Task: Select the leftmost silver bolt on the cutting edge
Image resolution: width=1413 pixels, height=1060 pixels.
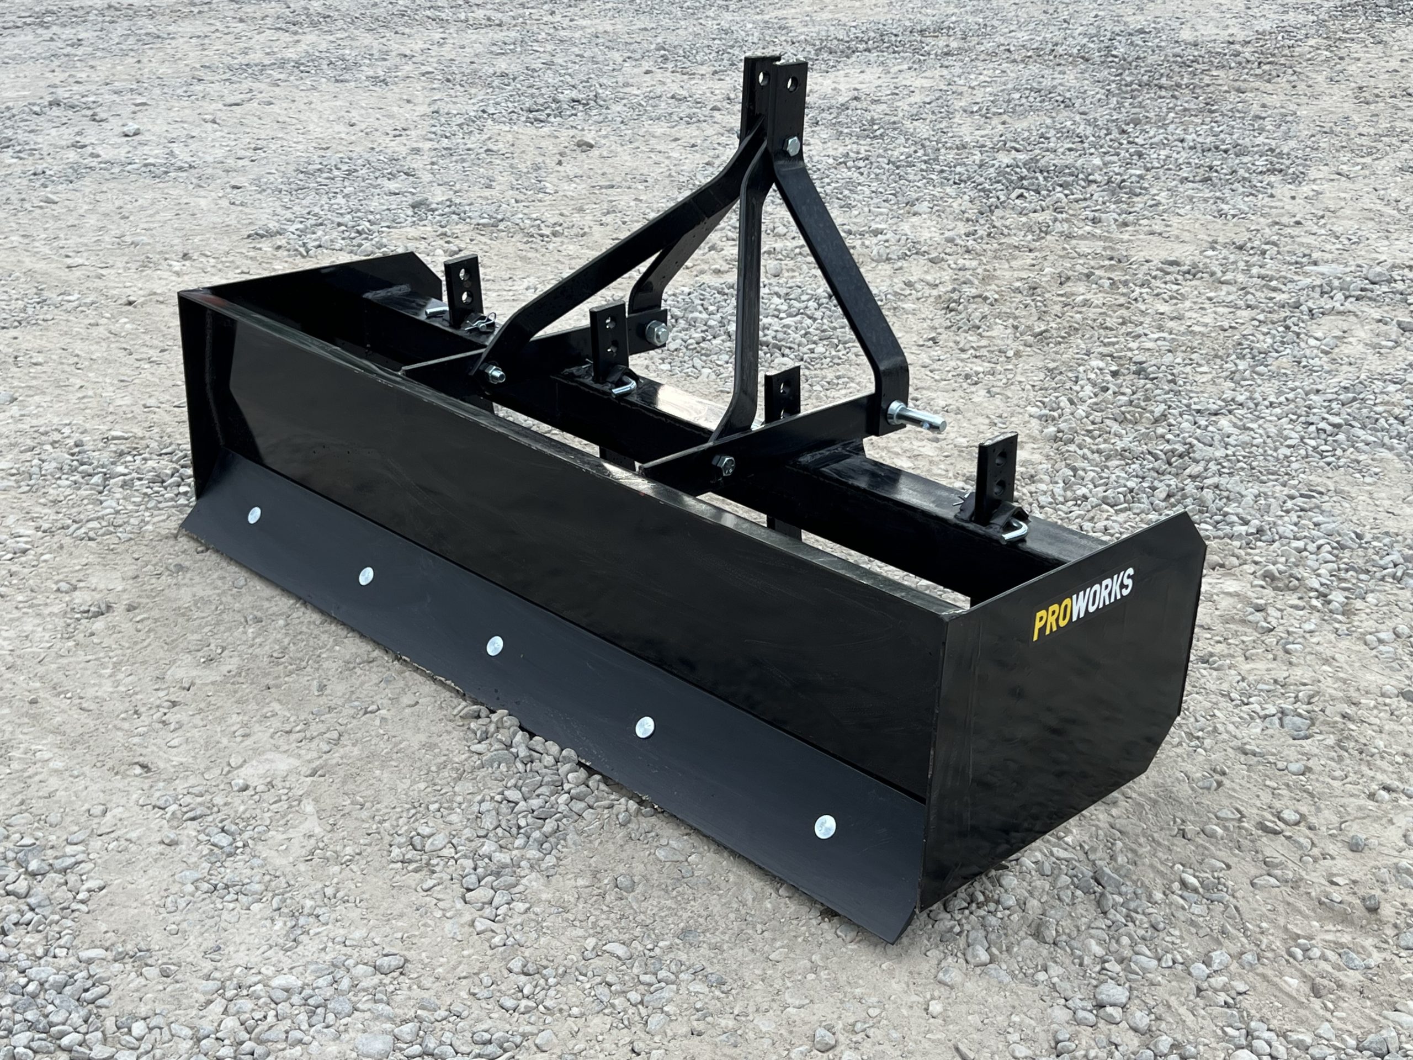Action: click(x=254, y=513)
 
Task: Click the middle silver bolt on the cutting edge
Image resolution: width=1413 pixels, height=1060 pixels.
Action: click(x=495, y=645)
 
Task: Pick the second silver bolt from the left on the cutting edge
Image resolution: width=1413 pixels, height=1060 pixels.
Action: click(x=366, y=576)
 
